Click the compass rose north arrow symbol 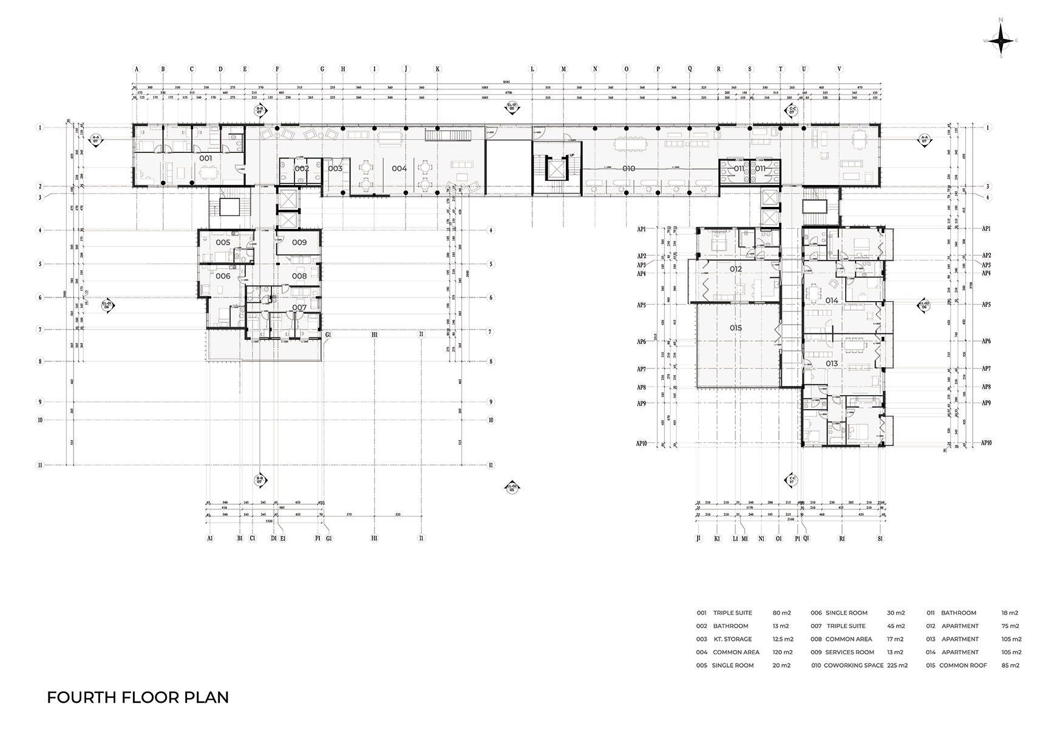pos(1001,41)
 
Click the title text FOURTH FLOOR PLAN pos(138,697)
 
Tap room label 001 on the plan pos(206,158)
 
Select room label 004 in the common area pos(399,168)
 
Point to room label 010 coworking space pos(628,168)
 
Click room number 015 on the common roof pos(736,328)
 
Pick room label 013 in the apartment pos(831,364)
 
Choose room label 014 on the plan pos(831,300)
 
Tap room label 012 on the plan pos(736,269)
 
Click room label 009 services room pos(299,242)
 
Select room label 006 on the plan pos(223,276)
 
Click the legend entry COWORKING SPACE pos(854,665)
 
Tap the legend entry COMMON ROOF pos(963,665)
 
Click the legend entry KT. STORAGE pos(733,639)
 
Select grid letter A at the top pos(137,69)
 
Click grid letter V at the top pos(840,69)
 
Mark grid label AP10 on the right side pos(986,443)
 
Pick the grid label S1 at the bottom pos(880,538)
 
